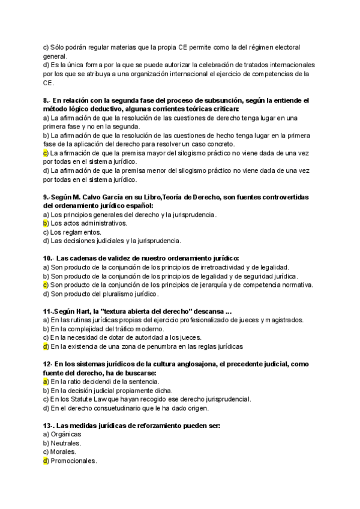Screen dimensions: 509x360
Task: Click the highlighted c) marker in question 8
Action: pos(46,153)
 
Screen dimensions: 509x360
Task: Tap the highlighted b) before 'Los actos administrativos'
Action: pos(46,223)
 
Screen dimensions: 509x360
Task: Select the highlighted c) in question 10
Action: pos(46,285)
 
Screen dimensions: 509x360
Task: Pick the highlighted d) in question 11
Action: pos(46,346)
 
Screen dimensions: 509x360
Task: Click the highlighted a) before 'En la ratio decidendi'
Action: pos(46,381)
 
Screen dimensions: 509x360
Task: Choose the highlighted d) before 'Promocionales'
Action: pos(46,460)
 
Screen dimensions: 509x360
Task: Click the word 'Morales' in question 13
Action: pos(64,451)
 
